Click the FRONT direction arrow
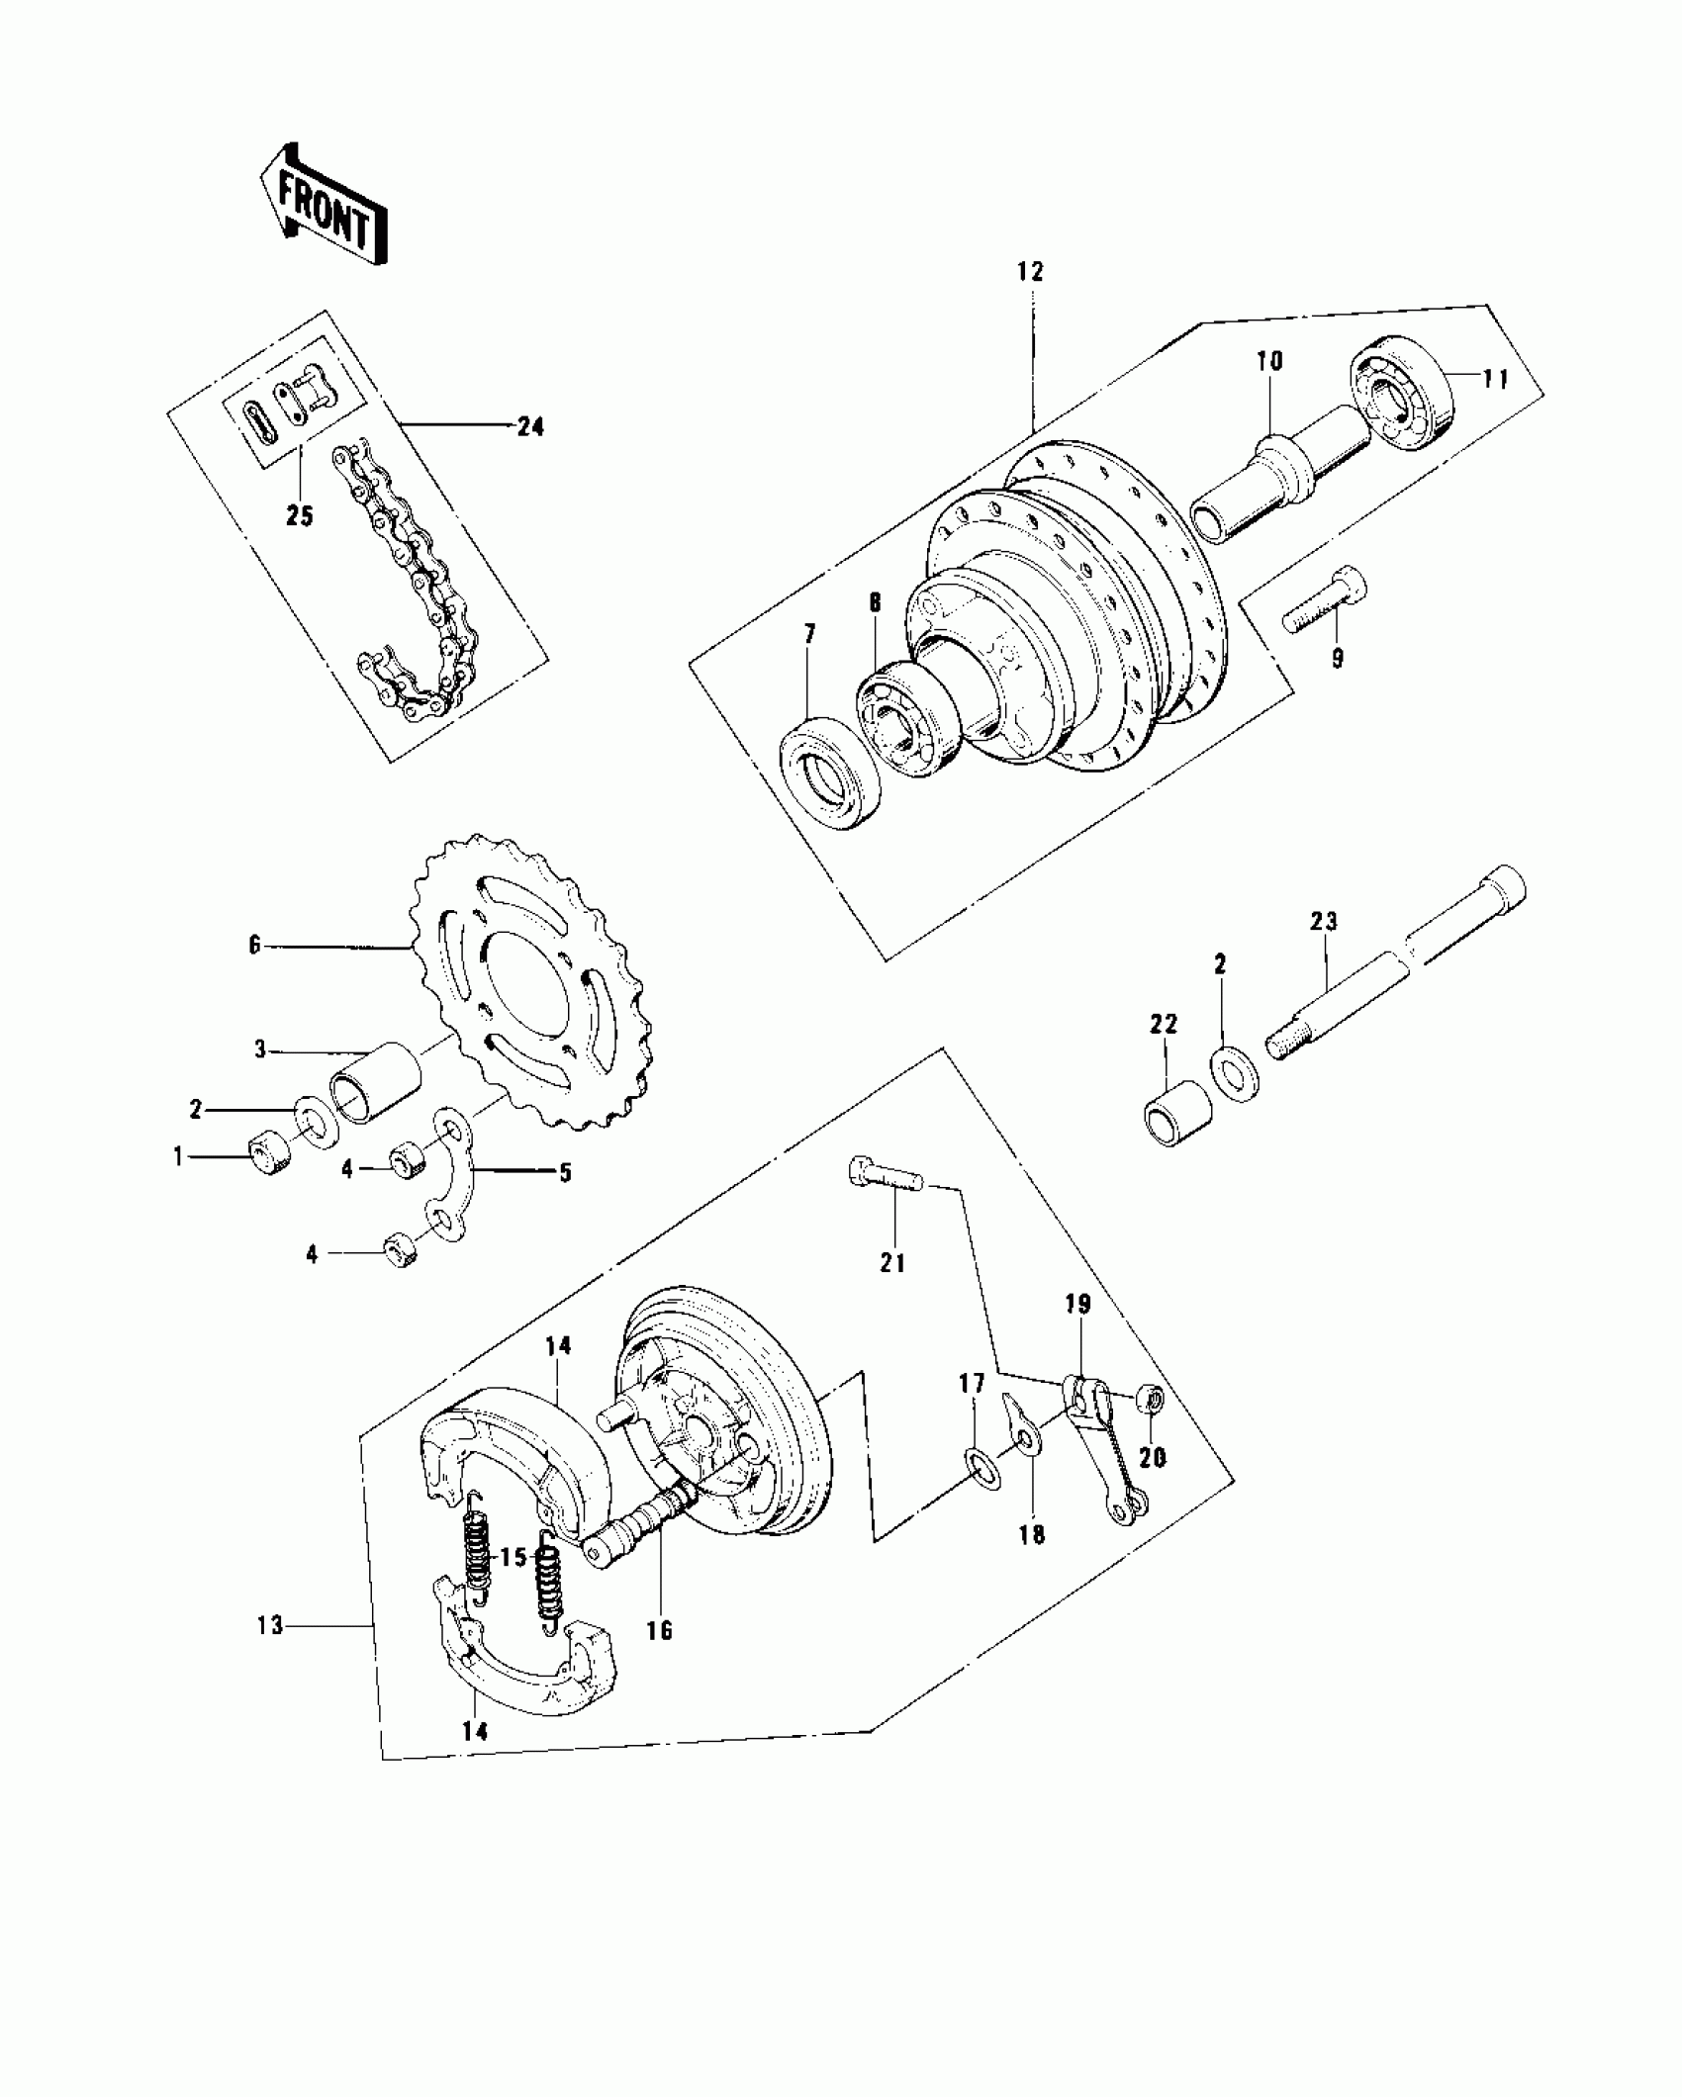(x=323, y=208)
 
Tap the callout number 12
(x=1030, y=272)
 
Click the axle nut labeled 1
(x=264, y=1152)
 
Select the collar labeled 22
(x=1176, y=1113)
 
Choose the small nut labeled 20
(x=1151, y=1400)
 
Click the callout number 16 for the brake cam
(x=659, y=1630)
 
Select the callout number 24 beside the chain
(x=530, y=427)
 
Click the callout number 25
(x=299, y=515)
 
